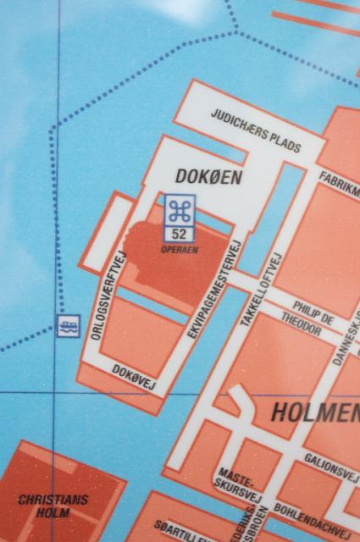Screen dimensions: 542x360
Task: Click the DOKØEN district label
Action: click(208, 177)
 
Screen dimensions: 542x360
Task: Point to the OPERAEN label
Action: click(179, 249)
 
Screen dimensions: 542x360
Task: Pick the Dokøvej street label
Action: click(136, 378)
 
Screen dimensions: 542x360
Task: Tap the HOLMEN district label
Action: click(314, 413)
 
